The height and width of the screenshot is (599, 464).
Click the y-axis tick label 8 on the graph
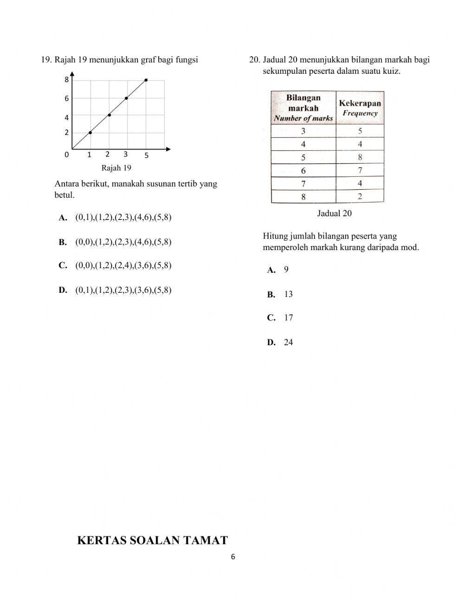pos(66,80)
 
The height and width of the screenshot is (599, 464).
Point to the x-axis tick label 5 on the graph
pos(146,155)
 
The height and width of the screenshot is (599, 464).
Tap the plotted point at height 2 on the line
pos(90,133)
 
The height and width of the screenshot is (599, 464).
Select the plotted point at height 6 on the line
pos(126,98)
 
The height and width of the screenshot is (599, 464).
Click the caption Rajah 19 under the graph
pos(116,168)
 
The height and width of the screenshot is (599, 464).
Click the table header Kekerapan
pos(360,103)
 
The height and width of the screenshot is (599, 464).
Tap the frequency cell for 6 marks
pos(360,170)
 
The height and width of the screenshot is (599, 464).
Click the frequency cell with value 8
pos(360,157)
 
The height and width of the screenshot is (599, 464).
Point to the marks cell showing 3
pos(303,131)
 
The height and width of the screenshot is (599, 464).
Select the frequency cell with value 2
pos(360,197)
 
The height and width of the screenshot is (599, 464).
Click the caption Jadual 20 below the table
pos(334,213)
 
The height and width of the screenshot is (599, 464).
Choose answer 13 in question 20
pos(288,294)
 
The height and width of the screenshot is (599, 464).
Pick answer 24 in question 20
pos(288,342)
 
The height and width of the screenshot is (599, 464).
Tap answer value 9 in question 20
pos(286,270)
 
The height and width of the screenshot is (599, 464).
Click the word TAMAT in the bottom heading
pos(206,541)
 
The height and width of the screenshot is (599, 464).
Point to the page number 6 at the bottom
pos(233,557)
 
